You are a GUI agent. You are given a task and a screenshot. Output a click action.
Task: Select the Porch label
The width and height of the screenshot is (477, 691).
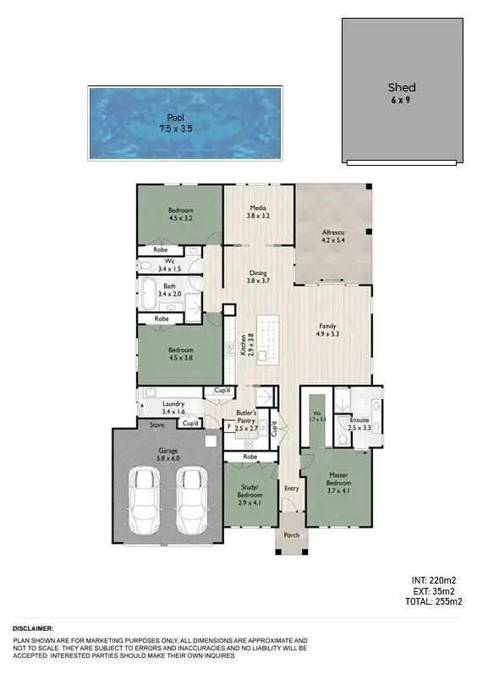point(291,534)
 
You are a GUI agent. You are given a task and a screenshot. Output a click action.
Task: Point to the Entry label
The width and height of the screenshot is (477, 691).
point(292,488)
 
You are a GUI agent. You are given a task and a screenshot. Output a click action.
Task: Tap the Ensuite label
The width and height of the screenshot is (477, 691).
point(359,424)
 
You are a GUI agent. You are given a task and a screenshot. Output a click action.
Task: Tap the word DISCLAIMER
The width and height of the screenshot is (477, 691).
point(33,629)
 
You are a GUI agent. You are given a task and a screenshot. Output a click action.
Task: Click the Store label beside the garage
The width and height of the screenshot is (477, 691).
point(156,425)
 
